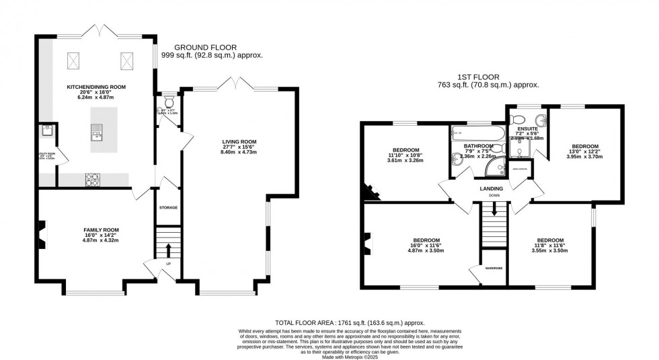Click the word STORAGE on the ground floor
click(168, 207)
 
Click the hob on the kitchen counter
click(91, 179)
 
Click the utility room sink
click(46, 131)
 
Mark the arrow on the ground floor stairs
click(167, 250)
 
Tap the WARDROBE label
click(494, 268)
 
